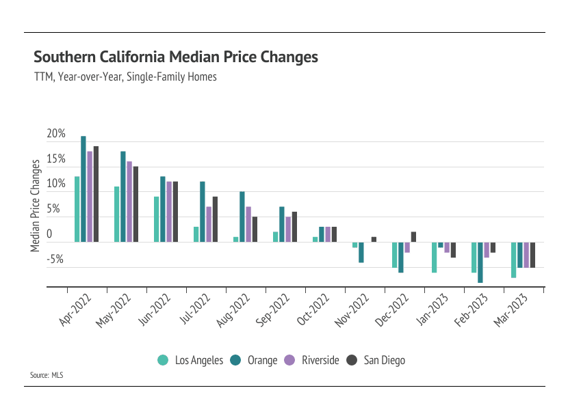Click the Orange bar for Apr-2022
click(x=83, y=189)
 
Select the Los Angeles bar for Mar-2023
click(x=513, y=260)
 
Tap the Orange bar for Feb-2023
click(x=480, y=262)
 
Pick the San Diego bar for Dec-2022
click(x=414, y=237)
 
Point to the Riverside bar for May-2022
click(x=129, y=202)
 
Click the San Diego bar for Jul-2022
click(x=215, y=219)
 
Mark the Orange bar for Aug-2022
click(x=242, y=217)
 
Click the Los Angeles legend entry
click(x=191, y=360)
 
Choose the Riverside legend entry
click(x=311, y=360)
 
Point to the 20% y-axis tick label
click(x=56, y=135)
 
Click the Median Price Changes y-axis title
click(x=35, y=206)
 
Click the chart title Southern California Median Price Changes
click(x=176, y=57)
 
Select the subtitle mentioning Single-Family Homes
click(x=125, y=77)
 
